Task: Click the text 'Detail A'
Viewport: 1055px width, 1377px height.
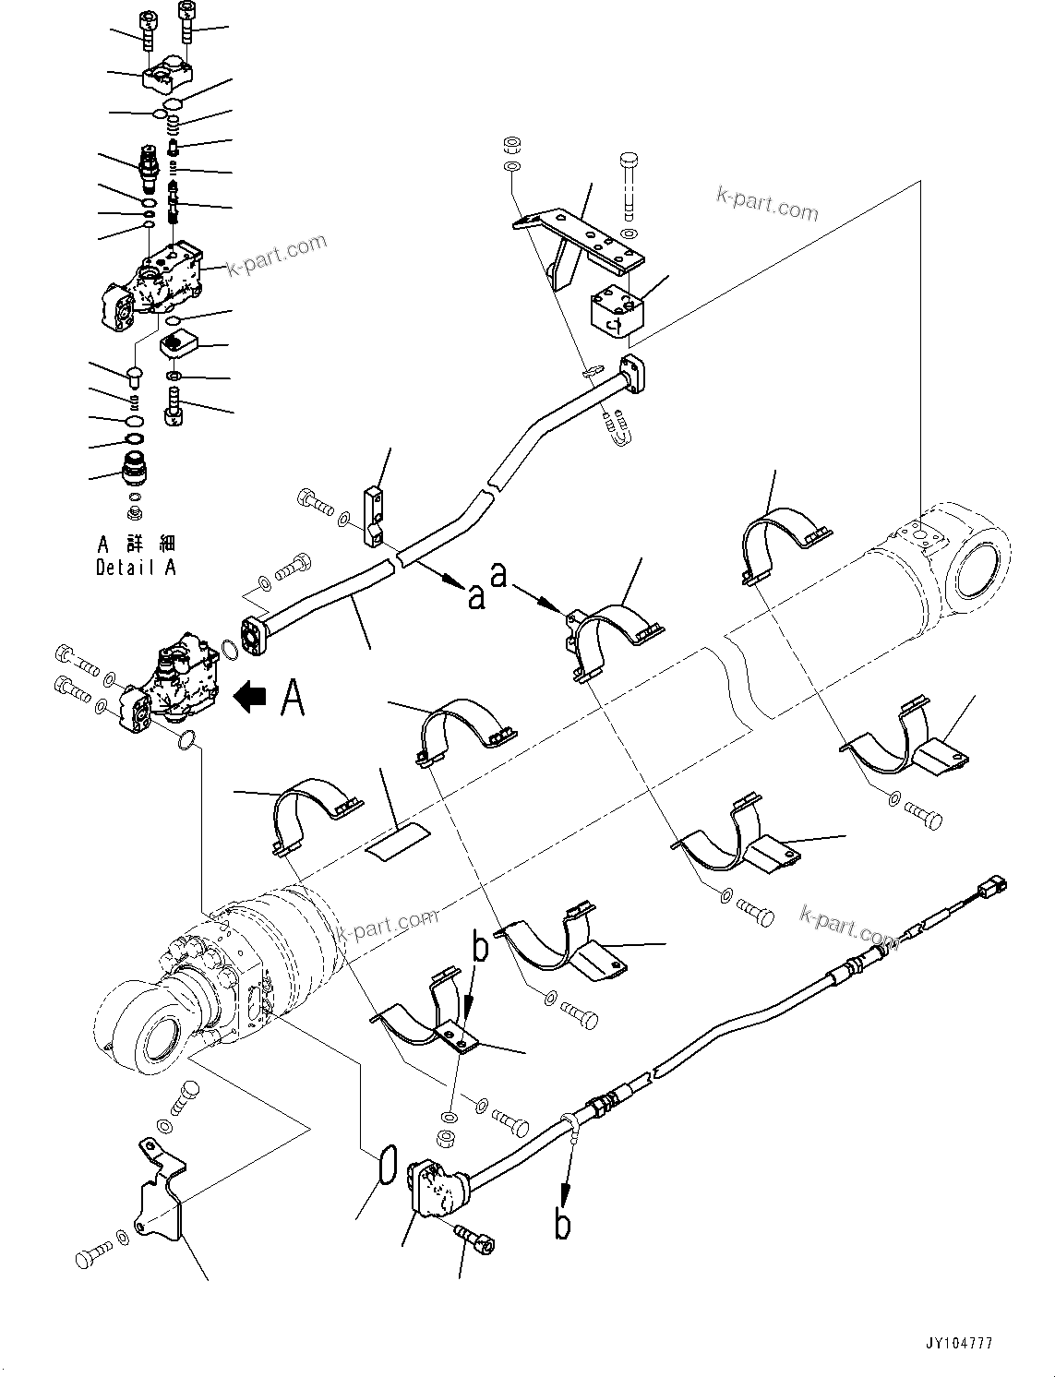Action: coord(135,569)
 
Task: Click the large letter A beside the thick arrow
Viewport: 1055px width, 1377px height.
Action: coord(291,697)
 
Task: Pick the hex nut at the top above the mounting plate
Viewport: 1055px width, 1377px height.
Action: coord(511,146)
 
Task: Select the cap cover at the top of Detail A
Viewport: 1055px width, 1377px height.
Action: coord(167,72)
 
